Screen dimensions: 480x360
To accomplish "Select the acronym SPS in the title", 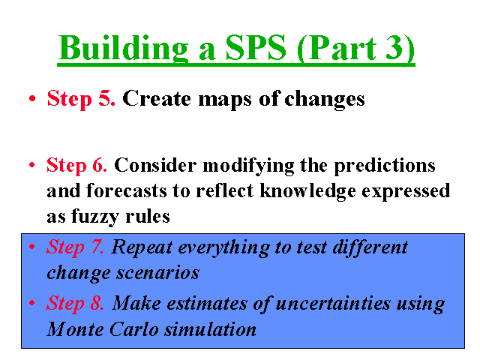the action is point(256,48).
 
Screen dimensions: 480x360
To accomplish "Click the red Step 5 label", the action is point(81,99).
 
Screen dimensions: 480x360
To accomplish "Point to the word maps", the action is point(225,100).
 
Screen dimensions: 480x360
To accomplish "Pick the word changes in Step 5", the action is point(325,99).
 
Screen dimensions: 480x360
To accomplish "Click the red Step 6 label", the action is point(76,166).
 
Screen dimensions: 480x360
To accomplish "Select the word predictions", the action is point(384,166).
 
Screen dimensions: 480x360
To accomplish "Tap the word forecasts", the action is point(127,190).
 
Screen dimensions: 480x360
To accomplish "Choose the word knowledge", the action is point(308,191).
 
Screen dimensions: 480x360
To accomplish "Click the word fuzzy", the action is point(95,217).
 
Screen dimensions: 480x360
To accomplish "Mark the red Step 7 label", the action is point(75,247).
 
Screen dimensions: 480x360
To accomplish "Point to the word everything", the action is point(223,248).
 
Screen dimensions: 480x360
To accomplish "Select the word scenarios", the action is point(158,273).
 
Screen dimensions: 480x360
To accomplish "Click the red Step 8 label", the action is point(75,303).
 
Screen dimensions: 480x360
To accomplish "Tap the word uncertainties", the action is point(333,304).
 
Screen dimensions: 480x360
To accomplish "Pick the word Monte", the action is point(75,330).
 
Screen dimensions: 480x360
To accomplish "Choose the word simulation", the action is point(210,330).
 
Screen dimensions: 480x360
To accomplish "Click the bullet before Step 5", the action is point(32,98).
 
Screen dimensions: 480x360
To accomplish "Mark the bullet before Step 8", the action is point(31,303).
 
